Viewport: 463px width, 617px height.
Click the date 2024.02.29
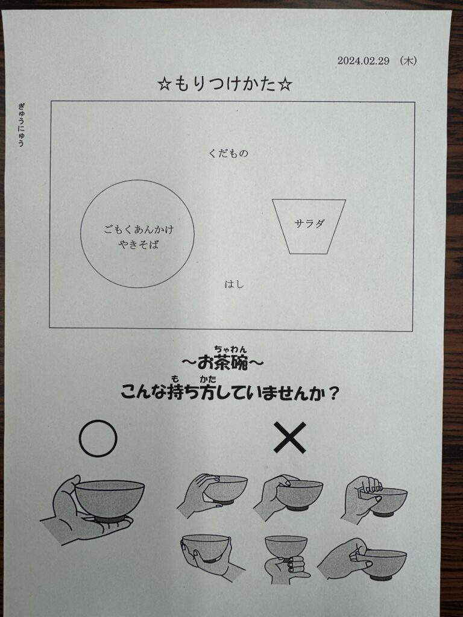(363, 61)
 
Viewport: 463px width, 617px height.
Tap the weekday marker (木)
(408, 61)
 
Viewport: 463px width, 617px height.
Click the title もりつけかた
(225, 84)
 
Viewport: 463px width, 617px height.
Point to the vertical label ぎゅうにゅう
(21, 124)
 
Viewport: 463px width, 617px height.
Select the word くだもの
(228, 154)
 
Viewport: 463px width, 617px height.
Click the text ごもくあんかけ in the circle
(139, 229)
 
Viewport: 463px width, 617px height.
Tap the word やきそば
(139, 245)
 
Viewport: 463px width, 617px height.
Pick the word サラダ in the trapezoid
(309, 224)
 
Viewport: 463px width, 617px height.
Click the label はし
(235, 284)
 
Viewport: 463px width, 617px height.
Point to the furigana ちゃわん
(230, 349)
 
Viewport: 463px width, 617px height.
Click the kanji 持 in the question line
(174, 392)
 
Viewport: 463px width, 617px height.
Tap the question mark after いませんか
(333, 392)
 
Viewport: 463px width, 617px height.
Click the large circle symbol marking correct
(98, 438)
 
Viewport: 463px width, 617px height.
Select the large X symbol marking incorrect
(290, 437)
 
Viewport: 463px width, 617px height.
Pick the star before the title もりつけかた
(163, 85)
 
